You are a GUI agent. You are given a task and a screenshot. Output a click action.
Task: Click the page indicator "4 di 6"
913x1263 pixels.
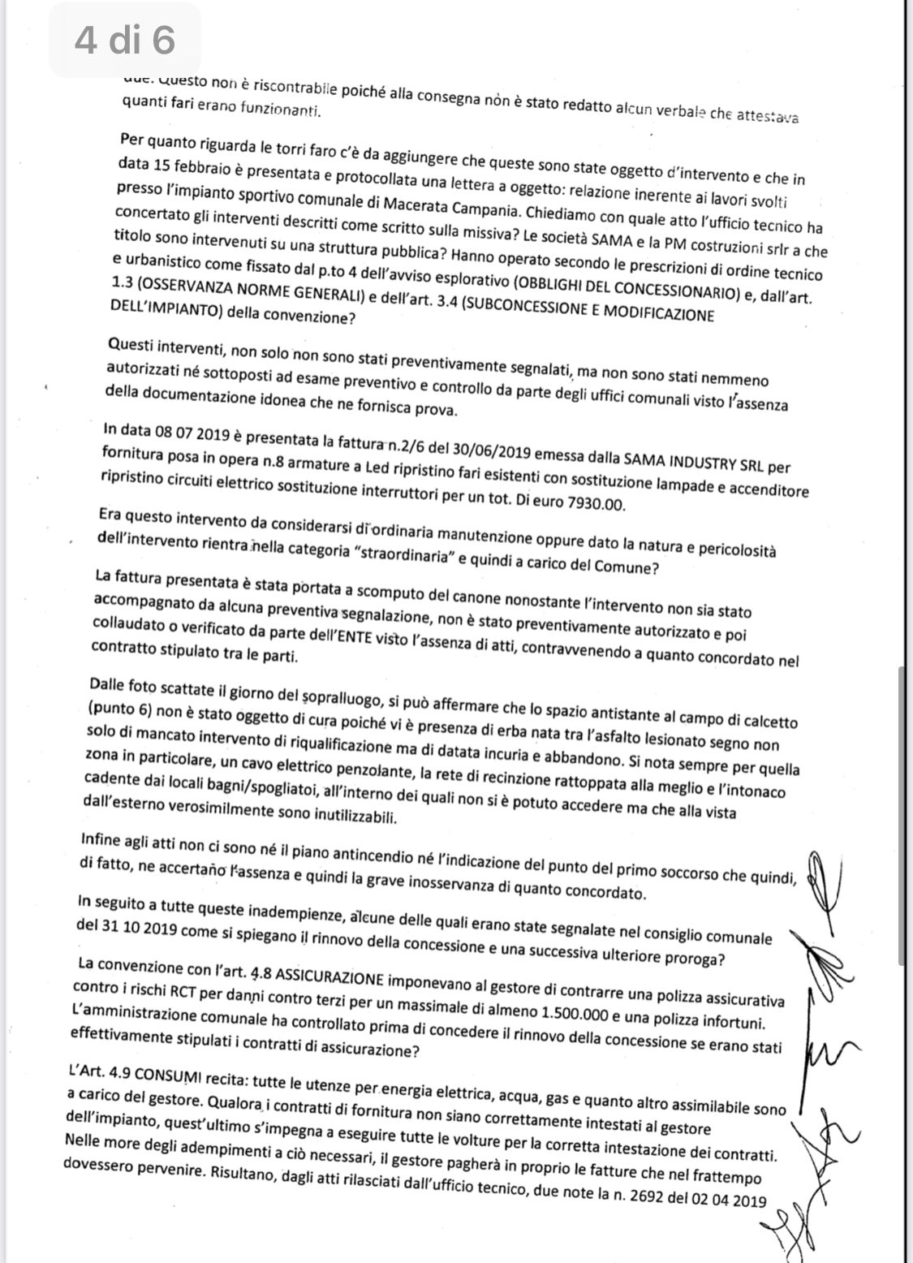click(x=125, y=40)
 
